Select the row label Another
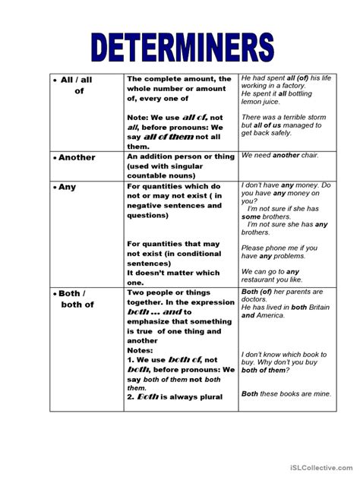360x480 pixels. click(75, 157)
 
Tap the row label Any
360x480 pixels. click(67, 187)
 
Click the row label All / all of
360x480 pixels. click(75, 84)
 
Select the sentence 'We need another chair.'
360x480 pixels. click(279, 155)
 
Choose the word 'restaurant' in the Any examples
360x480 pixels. click(261, 280)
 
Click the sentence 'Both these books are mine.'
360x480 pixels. click(288, 393)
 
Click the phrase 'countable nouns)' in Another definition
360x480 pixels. click(159, 174)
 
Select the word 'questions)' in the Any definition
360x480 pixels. click(148, 215)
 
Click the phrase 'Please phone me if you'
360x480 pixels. click(279, 248)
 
